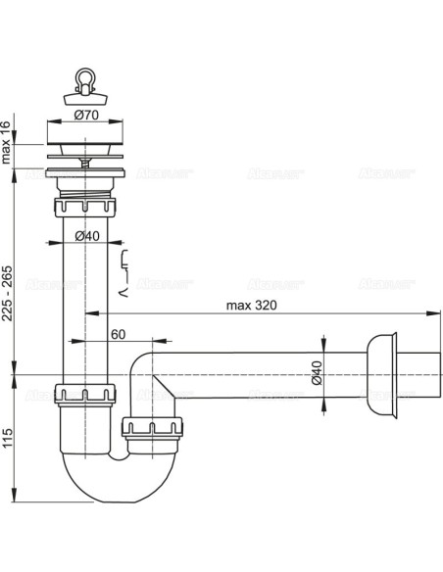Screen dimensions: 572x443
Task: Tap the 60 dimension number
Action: [x=118, y=335]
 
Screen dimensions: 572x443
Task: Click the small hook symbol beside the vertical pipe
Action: [x=123, y=265]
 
